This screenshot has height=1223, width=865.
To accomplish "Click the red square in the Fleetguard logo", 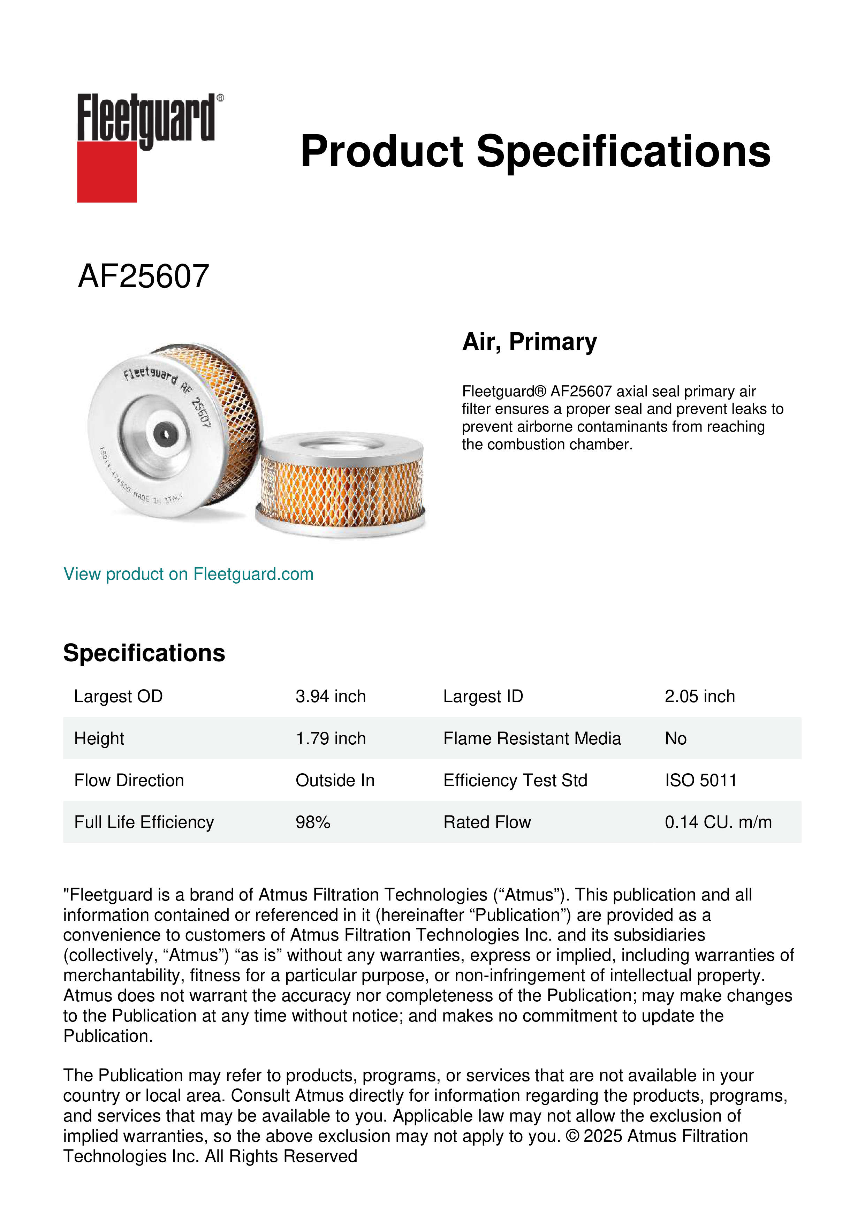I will click(x=107, y=172).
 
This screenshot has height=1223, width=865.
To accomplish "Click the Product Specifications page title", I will click(x=535, y=151).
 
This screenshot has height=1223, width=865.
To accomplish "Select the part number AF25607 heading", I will click(x=143, y=276).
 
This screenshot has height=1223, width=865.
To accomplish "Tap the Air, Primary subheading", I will click(x=530, y=341).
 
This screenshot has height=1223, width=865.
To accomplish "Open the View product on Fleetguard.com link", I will click(x=188, y=574).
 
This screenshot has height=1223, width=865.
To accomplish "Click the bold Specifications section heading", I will click(x=144, y=653).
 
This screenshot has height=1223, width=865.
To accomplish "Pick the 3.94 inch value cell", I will click(x=330, y=696).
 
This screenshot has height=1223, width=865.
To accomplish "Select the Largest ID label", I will click(x=483, y=696).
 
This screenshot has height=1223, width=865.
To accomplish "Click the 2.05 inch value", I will click(x=699, y=696).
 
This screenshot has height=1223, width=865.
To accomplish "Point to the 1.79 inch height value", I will click(x=330, y=738).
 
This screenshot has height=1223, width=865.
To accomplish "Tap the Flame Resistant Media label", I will click(x=532, y=738).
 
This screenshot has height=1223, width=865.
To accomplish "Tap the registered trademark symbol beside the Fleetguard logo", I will click(x=220, y=98).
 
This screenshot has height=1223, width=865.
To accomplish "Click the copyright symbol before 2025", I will click(x=572, y=1136).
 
